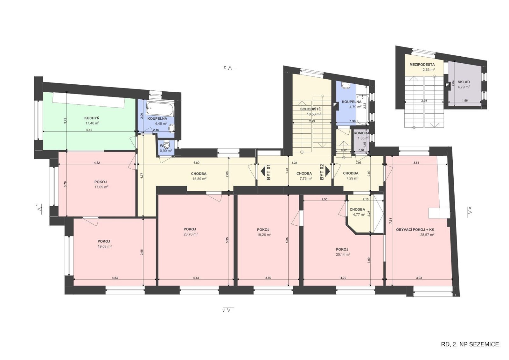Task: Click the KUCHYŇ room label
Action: click(x=92, y=118)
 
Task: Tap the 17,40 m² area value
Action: click(x=93, y=123)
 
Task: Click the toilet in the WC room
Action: click(x=167, y=145)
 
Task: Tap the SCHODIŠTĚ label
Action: click(x=310, y=109)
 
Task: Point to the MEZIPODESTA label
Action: click(x=422, y=65)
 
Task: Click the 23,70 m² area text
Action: click(x=191, y=234)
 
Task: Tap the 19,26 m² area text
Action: click(x=264, y=235)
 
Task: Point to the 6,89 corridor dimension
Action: click(x=196, y=163)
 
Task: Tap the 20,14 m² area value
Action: click(x=343, y=255)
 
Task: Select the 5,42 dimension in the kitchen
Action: click(x=89, y=130)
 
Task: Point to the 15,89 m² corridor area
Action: click(x=199, y=179)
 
